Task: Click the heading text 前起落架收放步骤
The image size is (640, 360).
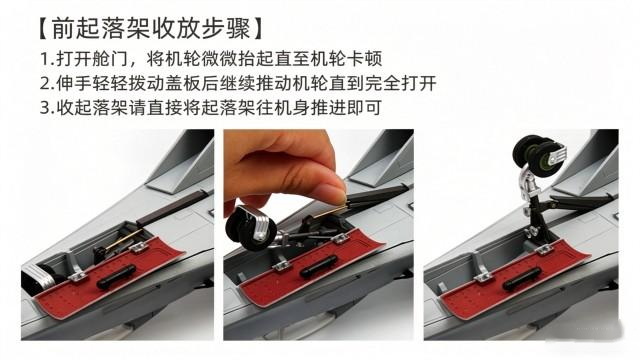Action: [151, 29]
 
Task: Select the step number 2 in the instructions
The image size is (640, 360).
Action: [45, 84]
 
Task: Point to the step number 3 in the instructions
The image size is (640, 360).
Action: [45, 108]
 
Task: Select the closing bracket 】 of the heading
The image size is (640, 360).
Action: [258, 29]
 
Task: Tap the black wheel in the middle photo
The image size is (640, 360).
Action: [246, 229]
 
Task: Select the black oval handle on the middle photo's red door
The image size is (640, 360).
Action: [318, 267]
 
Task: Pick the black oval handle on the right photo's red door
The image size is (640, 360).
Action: [522, 278]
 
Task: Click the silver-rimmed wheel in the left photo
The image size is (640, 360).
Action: [38, 277]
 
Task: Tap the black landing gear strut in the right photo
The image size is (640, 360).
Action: [537, 216]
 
